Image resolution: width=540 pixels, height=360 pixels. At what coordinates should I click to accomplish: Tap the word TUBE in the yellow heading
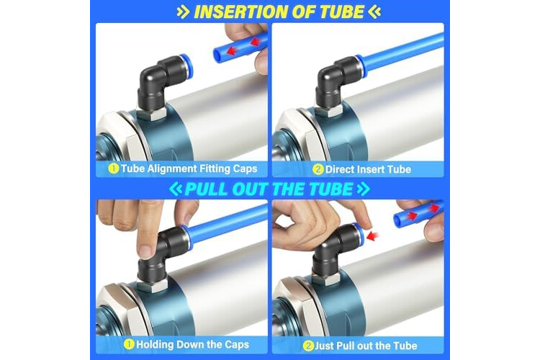(x=341, y=12)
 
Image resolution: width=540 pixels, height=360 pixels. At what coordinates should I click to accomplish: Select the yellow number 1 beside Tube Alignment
(x=113, y=168)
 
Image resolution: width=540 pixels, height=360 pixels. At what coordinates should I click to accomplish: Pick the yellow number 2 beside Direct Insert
(x=318, y=169)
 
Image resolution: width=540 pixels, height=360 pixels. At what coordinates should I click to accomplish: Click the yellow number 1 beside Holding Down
(x=129, y=344)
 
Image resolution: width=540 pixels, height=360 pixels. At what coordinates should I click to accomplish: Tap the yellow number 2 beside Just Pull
(x=308, y=346)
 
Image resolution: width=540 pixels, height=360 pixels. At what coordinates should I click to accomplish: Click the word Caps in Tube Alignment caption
(x=246, y=168)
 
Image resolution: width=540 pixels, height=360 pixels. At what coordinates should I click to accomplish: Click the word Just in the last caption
(x=324, y=346)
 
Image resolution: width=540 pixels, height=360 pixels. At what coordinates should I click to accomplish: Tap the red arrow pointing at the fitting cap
(x=372, y=236)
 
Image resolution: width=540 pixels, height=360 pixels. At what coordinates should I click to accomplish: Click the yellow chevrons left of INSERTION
(x=183, y=12)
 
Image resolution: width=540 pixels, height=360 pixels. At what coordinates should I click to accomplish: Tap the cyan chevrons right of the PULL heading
(x=364, y=189)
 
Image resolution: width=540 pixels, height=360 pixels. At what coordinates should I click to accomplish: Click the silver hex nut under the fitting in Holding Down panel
(x=152, y=285)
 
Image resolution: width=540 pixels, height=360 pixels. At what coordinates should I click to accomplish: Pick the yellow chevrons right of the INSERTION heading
(x=374, y=12)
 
